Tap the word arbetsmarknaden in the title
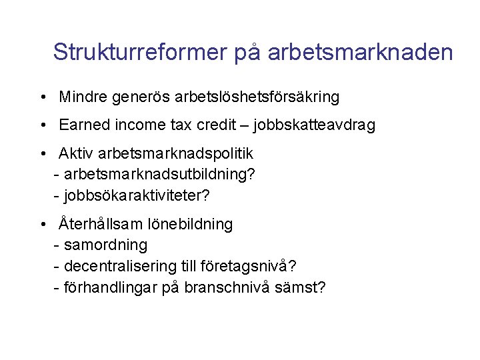(x=361, y=52)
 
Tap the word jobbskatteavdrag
(x=315, y=125)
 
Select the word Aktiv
(x=76, y=153)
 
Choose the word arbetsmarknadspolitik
(x=175, y=154)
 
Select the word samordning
(x=106, y=245)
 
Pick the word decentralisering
(x=120, y=266)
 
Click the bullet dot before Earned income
(x=41, y=125)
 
